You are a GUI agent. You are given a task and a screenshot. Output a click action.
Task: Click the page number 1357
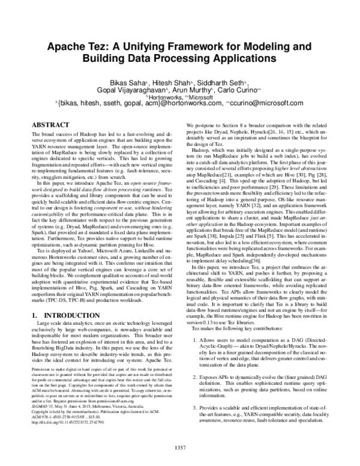(180, 446)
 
